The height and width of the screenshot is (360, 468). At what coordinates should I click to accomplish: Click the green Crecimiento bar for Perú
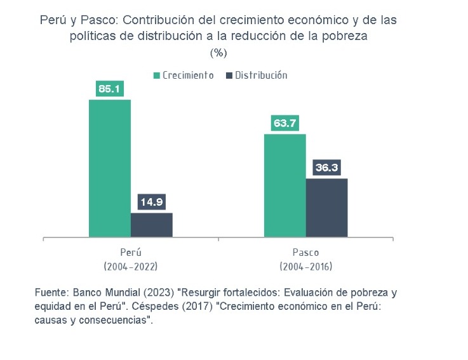click(x=109, y=168)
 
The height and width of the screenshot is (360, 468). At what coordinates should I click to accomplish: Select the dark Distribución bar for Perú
click(x=151, y=225)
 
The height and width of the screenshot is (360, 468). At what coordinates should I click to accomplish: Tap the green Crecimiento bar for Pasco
click(x=284, y=185)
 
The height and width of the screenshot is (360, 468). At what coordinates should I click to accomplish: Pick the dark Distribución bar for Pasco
click(x=326, y=208)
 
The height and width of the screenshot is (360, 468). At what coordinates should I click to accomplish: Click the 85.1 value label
click(x=109, y=89)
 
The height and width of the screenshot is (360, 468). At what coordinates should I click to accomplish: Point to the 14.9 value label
click(x=151, y=203)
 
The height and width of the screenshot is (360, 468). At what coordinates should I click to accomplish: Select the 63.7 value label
click(x=284, y=123)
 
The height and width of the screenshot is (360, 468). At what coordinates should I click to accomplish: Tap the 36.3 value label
click(x=327, y=168)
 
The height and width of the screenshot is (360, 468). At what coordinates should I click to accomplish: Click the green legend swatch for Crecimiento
click(x=156, y=76)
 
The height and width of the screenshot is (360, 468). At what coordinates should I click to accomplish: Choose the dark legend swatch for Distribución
click(x=229, y=76)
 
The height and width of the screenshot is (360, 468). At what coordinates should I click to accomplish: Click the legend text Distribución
click(x=261, y=76)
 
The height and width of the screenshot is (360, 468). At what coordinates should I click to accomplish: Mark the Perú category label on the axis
click(x=130, y=252)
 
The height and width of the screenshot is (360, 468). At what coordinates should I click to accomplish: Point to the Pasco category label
click(x=305, y=252)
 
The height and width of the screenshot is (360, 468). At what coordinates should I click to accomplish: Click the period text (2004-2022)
click(x=130, y=266)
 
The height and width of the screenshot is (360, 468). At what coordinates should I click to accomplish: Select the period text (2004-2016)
click(x=305, y=266)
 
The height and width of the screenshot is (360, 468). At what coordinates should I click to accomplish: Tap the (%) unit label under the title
click(x=218, y=52)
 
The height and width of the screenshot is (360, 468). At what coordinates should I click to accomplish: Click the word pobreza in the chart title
click(x=345, y=36)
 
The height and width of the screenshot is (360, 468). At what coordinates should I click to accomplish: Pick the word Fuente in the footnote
click(x=51, y=293)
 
